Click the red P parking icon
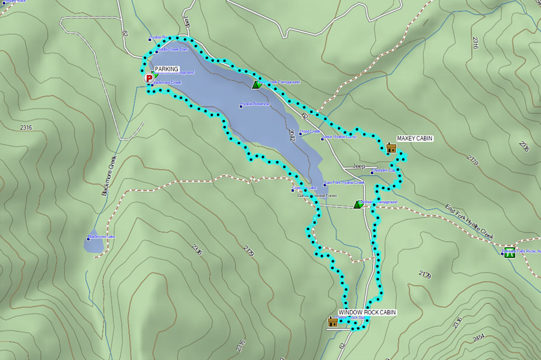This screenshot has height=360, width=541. pos(148,77)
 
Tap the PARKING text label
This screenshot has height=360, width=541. pos(167,69)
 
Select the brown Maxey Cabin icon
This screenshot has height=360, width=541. pos(391,148)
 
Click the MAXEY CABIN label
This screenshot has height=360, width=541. pos(415,139)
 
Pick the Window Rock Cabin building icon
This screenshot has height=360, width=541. pos(332,322)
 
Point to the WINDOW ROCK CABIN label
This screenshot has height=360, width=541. pos(367,313)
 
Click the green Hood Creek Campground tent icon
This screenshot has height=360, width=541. pos(257,84)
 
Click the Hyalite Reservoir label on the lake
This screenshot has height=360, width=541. pos(256,104)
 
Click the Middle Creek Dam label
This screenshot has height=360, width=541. pos(174,50)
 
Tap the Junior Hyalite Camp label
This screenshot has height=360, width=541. pos(340,137)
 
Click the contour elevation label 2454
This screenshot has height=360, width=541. pos(479,338)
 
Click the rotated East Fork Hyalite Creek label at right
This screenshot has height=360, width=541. pos(469,223)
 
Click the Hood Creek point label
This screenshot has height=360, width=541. pos(311,131)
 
